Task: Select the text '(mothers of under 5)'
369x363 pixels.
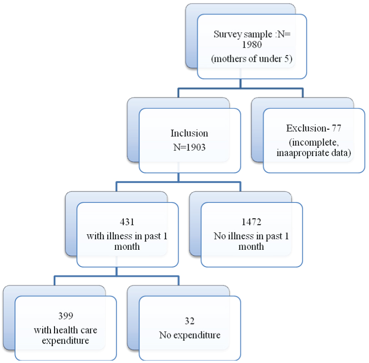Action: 251,59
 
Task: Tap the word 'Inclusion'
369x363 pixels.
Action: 189,133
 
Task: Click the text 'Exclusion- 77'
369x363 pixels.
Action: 314,128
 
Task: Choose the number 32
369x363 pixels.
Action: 189,322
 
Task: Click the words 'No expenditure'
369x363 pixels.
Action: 189,335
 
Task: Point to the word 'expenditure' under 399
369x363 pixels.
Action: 65,340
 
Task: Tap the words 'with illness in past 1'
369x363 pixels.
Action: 127,236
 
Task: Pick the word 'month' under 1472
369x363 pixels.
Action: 251,247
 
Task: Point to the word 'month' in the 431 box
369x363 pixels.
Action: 127,247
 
